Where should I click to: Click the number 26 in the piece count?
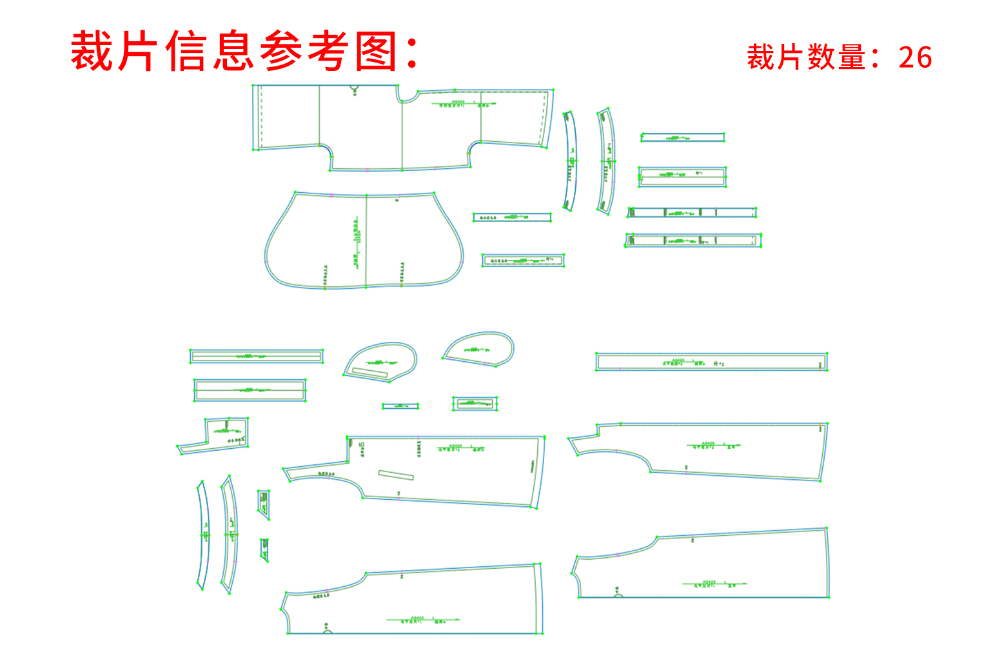(915, 57)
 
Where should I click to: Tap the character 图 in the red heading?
(376, 52)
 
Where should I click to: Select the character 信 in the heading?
(186, 52)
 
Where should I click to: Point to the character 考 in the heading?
(329, 52)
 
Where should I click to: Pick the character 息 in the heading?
(233, 52)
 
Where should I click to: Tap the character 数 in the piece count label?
(822, 57)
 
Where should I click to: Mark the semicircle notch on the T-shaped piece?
(355, 88)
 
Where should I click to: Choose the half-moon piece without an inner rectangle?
(480, 348)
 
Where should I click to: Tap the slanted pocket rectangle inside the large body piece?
(396, 475)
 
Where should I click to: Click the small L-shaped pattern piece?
(219, 435)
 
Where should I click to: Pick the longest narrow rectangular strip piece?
(711, 362)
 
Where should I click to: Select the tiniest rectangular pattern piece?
(400, 406)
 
